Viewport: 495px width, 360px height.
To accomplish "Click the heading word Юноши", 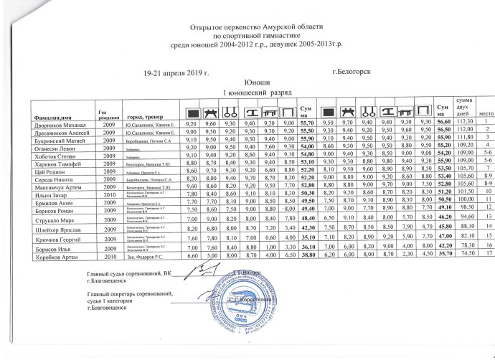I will point(247,83).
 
